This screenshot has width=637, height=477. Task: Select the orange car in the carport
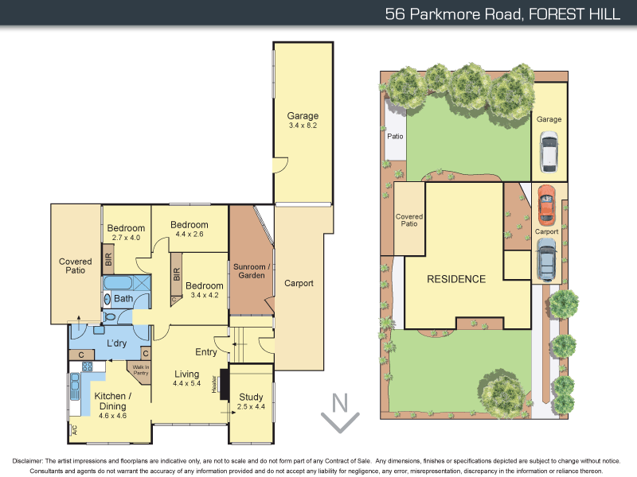point(545,204)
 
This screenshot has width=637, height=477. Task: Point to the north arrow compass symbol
point(340,412)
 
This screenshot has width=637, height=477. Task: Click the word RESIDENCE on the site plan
point(456,279)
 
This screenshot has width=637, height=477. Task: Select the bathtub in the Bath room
point(119,283)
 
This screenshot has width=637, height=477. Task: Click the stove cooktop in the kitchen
point(87,367)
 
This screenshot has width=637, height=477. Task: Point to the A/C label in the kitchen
point(73,429)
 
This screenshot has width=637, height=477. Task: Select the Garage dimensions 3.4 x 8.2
point(303,126)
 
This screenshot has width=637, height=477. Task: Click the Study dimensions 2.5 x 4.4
point(251,407)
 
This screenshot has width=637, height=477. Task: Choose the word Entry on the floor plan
point(206,352)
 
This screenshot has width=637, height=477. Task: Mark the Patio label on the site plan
point(395,136)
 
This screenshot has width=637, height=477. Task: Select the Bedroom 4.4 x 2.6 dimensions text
point(189,234)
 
